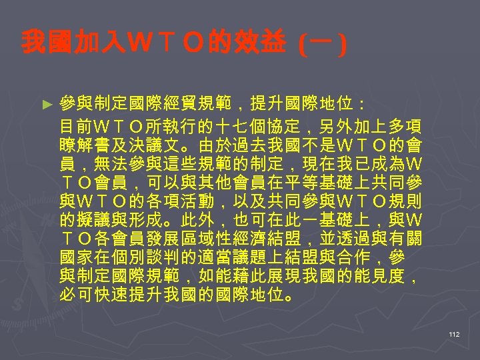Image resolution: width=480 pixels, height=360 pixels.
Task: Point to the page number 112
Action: [x=455, y=335]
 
